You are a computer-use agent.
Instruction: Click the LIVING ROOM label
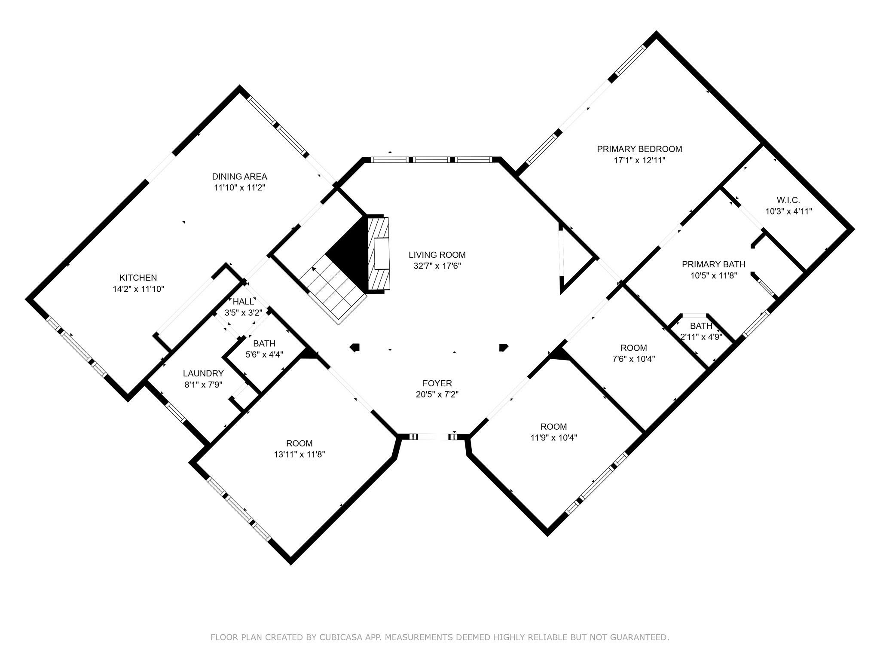(437, 255)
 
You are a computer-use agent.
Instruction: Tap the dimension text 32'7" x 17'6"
(437, 266)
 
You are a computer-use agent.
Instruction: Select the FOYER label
(437, 383)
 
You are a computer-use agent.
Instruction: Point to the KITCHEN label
(138, 278)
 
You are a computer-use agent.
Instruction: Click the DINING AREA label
(239, 176)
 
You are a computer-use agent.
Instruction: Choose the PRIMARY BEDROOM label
(639, 149)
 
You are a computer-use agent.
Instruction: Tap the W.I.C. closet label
(788, 200)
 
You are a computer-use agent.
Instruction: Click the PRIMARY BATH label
(713, 264)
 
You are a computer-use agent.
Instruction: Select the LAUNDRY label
(203, 373)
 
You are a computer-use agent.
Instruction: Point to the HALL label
(243, 302)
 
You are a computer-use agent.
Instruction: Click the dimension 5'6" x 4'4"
(264, 354)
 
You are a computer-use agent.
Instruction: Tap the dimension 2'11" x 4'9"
(701, 337)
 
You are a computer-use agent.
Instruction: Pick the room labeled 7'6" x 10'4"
(633, 353)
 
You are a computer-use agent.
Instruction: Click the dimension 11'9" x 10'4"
(553, 438)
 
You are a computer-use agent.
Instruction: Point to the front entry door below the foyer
(433, 437)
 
